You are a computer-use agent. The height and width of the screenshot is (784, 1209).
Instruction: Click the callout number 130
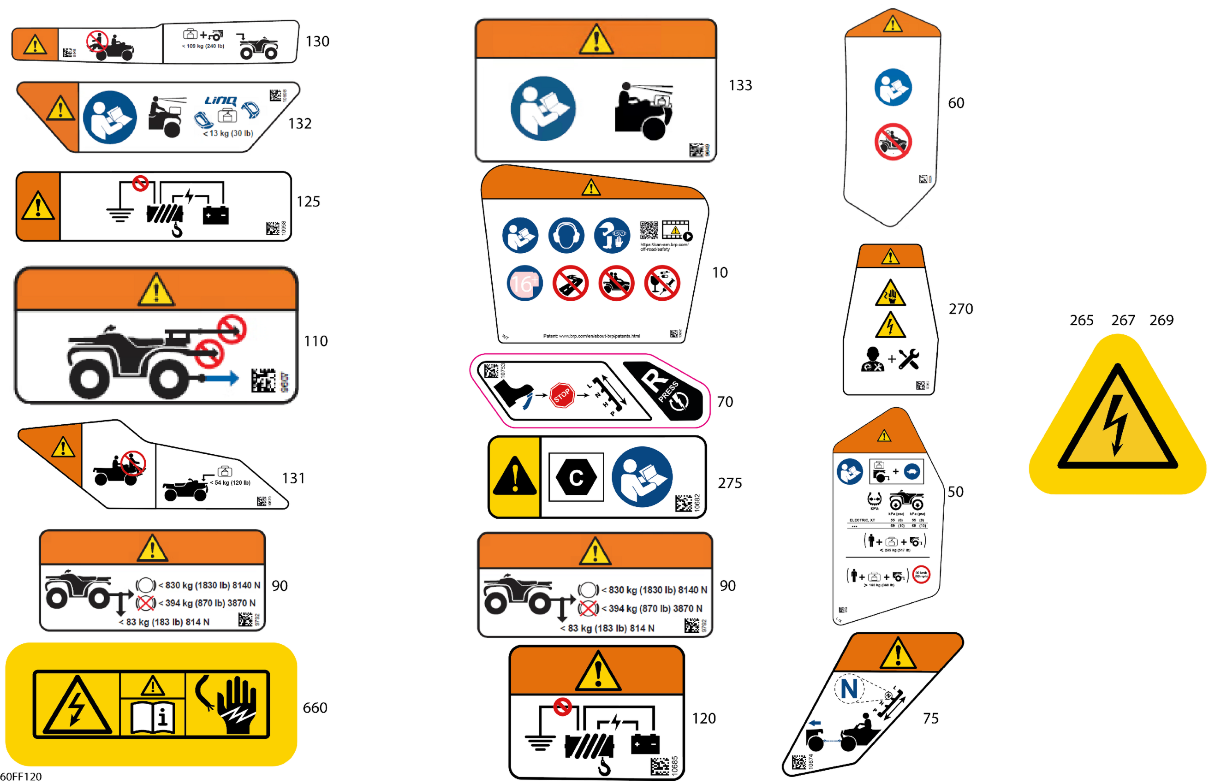coord(317,42)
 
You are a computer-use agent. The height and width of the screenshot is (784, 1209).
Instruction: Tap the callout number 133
coord(740,85)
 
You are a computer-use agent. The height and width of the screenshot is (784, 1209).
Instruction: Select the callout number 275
coord(729,483)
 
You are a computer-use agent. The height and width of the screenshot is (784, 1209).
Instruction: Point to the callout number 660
coord(315,708)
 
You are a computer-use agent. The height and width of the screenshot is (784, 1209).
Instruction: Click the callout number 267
coord(1123,321)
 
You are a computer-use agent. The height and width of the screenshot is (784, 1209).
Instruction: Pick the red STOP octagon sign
coord(562,395)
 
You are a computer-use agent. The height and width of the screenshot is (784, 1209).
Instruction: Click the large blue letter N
coord(849,689)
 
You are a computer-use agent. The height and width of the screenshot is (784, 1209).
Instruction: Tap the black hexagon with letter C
coord(576,477)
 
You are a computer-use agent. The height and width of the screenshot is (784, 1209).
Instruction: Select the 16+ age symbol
coord(524,283)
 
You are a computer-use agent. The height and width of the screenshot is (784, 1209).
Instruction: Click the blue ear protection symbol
coord(566,236)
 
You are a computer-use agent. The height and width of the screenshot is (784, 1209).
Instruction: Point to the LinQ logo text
coord(220,101)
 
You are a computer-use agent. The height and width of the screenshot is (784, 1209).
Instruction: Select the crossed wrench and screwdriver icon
coord(908,358)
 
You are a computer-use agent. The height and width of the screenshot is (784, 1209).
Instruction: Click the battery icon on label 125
coord(215,215)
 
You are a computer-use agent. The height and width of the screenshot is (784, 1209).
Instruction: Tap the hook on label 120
coord(604,767)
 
